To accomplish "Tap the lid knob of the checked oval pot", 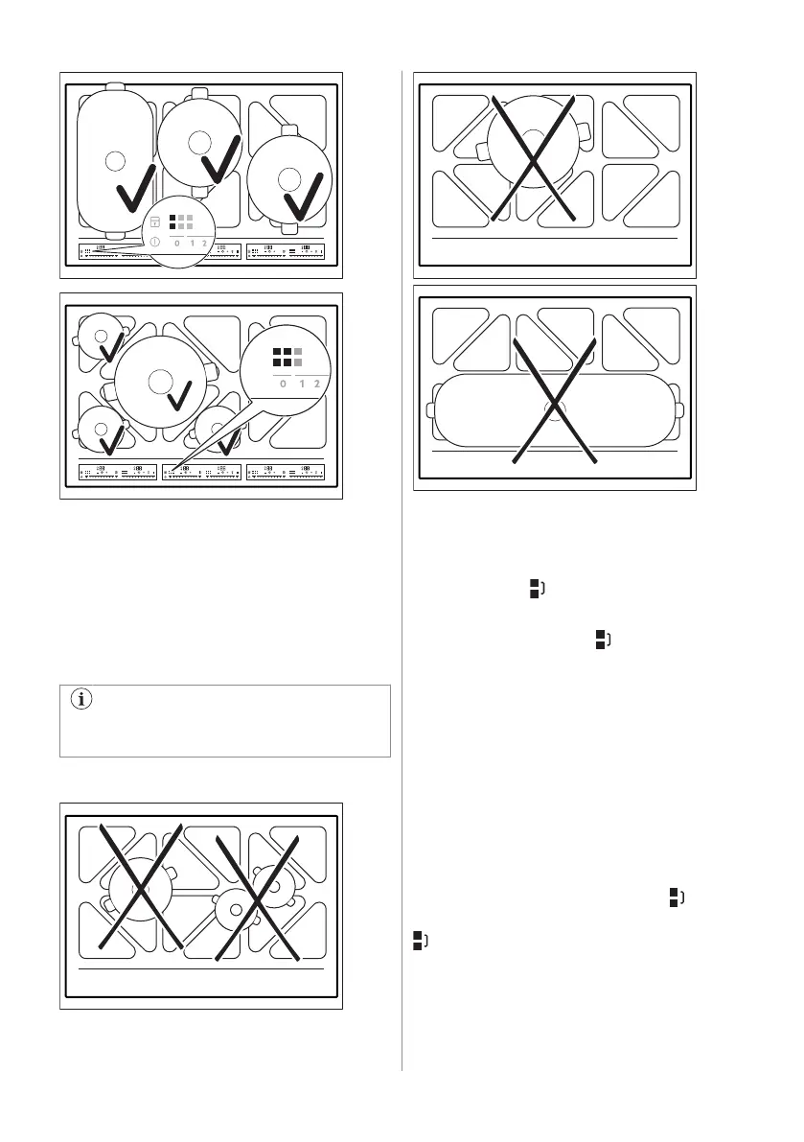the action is (x=114, y=162).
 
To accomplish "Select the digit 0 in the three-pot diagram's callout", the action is (x=176, y=244).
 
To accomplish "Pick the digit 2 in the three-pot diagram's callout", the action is (x=204, y=244).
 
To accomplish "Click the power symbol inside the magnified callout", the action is (x=154, y=241).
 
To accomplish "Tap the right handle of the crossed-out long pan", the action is (x=678, y=410).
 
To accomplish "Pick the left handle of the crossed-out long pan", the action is (x=429, y=410).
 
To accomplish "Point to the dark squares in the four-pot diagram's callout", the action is (x=282, y=358).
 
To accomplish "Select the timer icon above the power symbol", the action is (x=154, y=222).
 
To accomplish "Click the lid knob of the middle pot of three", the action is (x=198, y=142).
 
